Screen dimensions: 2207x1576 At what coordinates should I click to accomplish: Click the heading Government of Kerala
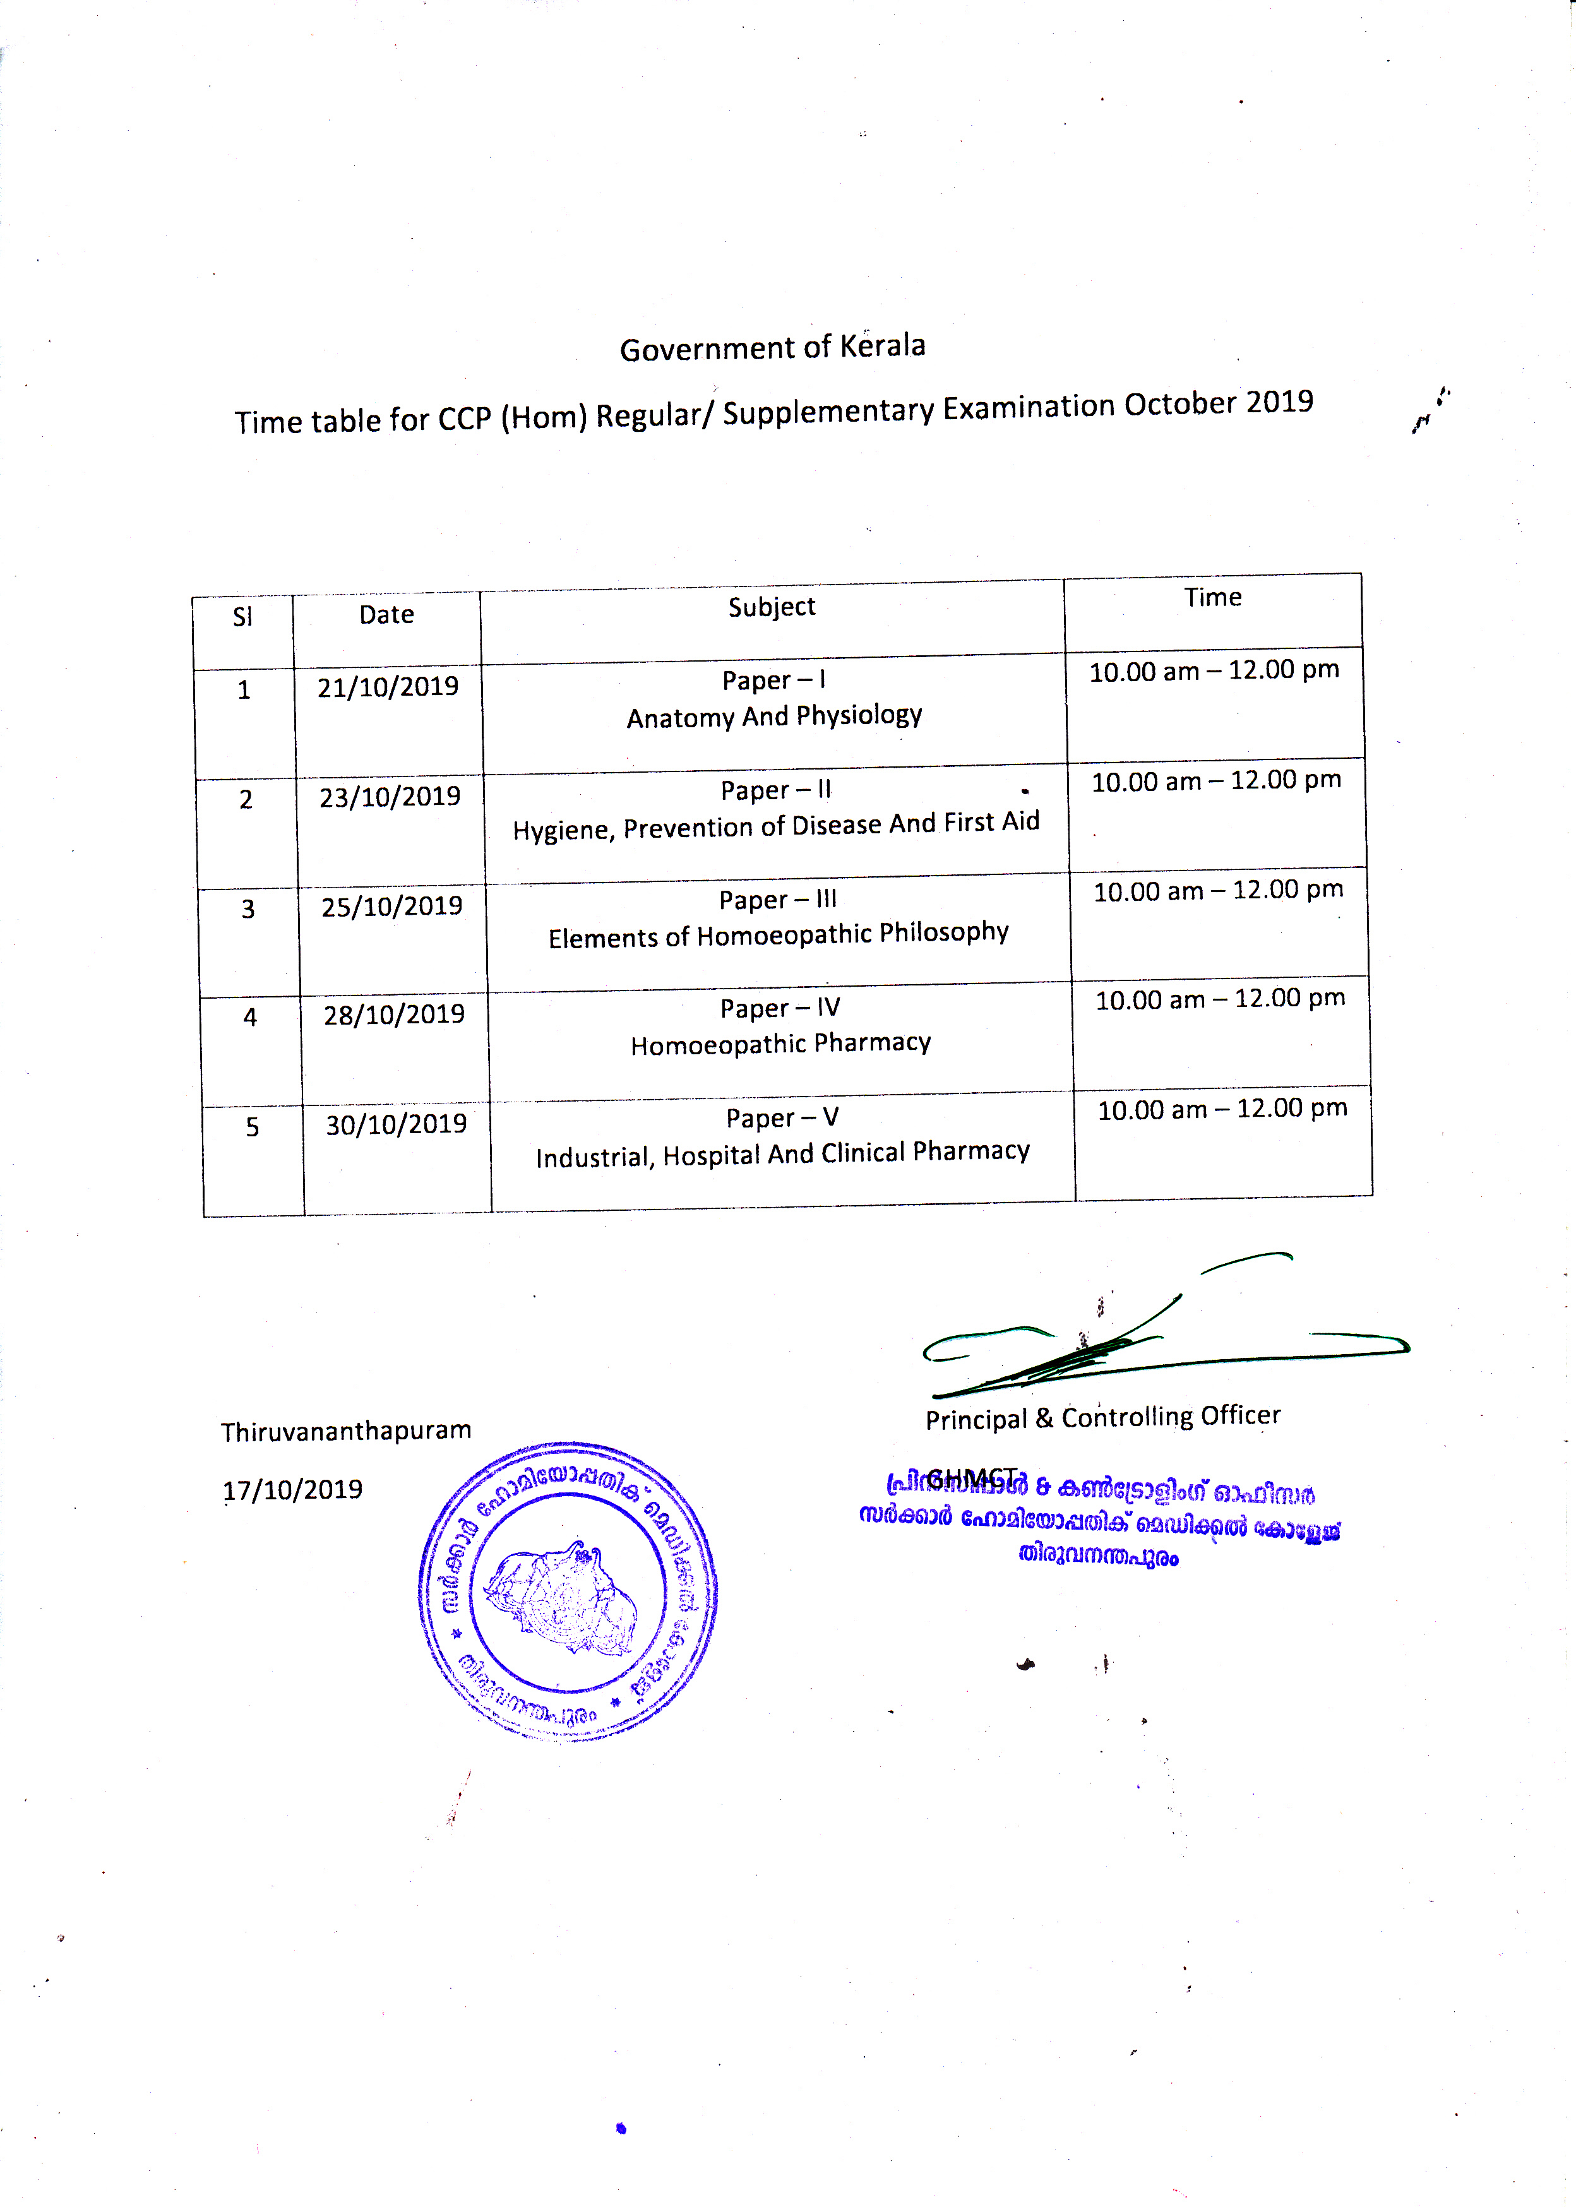click(x=772, y=347)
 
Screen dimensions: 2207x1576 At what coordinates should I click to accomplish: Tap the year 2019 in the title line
click(x=1279, y=402)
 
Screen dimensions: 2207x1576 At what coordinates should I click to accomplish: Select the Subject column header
click(x=772, y=607)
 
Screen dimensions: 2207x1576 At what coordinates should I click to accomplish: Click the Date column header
click(x=386, y=615)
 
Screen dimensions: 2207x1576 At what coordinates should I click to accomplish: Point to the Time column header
click(x=1212, y=598)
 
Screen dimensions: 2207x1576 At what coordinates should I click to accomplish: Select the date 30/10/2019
click(x=396, y=1124)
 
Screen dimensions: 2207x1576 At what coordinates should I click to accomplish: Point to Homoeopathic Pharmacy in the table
click(x=780, y=1044)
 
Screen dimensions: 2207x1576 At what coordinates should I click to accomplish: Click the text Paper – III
click(x=777, y=900)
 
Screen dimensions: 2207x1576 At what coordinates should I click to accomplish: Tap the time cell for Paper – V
click(x=1222, y=1109)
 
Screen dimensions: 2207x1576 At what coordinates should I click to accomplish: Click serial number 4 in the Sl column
click(x=249, y=1018)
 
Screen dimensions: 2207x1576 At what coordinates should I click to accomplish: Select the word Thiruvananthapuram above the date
click(x=345, y=1432)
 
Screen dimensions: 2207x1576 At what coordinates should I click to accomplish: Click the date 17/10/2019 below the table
click(x=292, y=1490)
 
